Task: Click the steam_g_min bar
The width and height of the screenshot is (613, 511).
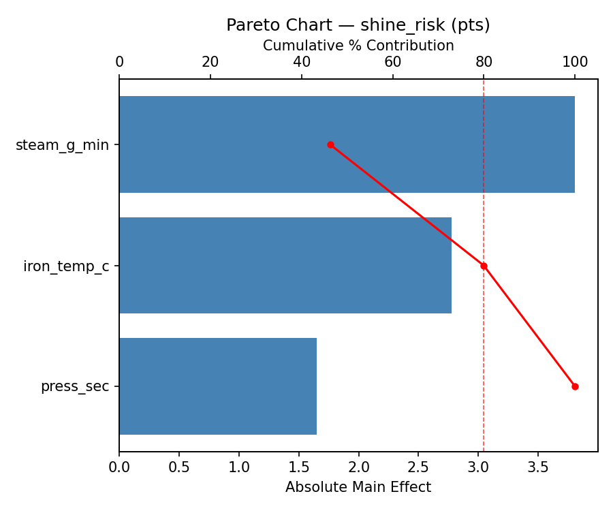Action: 347,144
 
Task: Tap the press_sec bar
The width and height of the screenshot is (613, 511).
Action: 218,386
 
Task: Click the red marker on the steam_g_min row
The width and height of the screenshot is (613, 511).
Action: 330,144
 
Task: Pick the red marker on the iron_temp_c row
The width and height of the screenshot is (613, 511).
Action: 484,266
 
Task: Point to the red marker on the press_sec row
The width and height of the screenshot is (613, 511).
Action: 575,386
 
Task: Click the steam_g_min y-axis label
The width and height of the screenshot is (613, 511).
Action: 62,145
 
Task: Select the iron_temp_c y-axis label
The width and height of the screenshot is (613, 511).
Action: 66,266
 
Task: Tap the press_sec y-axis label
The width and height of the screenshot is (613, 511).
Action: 75,386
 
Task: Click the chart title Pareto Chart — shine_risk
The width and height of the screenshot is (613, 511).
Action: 358,25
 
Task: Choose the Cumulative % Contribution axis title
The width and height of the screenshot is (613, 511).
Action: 358,46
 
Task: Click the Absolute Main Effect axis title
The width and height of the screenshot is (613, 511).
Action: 358,487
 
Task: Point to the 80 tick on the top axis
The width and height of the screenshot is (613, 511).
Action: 484,63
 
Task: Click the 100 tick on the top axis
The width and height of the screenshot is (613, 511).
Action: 575,63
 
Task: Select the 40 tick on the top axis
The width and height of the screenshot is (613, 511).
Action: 302,63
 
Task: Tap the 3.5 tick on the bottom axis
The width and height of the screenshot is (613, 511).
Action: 538,467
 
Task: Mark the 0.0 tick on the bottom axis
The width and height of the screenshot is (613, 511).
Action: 119,467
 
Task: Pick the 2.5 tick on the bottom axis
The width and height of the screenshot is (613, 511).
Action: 418,467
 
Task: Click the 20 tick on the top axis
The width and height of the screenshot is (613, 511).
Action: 210,63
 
